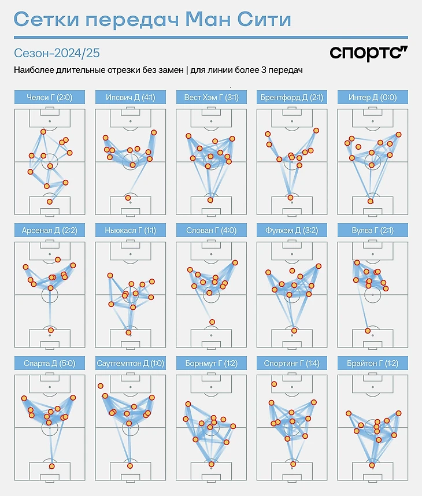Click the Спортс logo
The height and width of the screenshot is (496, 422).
pyautogui.click(x=368, y=53)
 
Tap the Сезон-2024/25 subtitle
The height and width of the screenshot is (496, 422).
pyautogui.click(x=56, y=53)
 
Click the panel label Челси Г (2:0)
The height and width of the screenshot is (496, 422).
pyautogui.click(x=49, y=97)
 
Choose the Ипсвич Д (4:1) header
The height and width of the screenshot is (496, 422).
pyautogui.click(x=129, y=97)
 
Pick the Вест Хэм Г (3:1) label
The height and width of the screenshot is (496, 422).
pyautogui.click(x=210, y=97)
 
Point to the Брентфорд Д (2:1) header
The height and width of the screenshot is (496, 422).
pyautogui.click(x=291, y=97)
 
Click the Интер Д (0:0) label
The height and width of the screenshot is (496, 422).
pyautogui.click(x=372, y=97)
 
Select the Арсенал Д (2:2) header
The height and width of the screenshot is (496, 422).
pyautogui.click(x=49, y=230)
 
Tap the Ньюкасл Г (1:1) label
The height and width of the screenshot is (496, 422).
pyautogui.click(x=129, y=230)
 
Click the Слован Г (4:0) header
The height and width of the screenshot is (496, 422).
pyautogui.click(x=210, y=230)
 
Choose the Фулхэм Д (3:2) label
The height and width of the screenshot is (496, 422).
pyautogui.click(x=291, y=230)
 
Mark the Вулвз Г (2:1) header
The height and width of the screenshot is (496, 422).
pyautogui.click(x=372, y=230)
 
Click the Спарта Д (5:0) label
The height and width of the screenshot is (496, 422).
pyautogui.click(x=49, y=363)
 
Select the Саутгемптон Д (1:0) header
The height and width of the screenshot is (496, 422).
pyautogui.click(x=129, y=363)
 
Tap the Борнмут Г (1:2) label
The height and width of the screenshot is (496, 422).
pyautogui.click(x=210, y=363)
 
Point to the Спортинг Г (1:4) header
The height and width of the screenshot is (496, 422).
pyautogui.click(x=291, y=363)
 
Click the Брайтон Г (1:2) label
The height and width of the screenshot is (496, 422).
pyautogui.click(x=372, y=363)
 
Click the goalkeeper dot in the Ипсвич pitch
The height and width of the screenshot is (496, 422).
pyautogui.click(x=128, y=198)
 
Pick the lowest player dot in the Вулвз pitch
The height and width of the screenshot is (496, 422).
pyautogui.click(x=367, y=331)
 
